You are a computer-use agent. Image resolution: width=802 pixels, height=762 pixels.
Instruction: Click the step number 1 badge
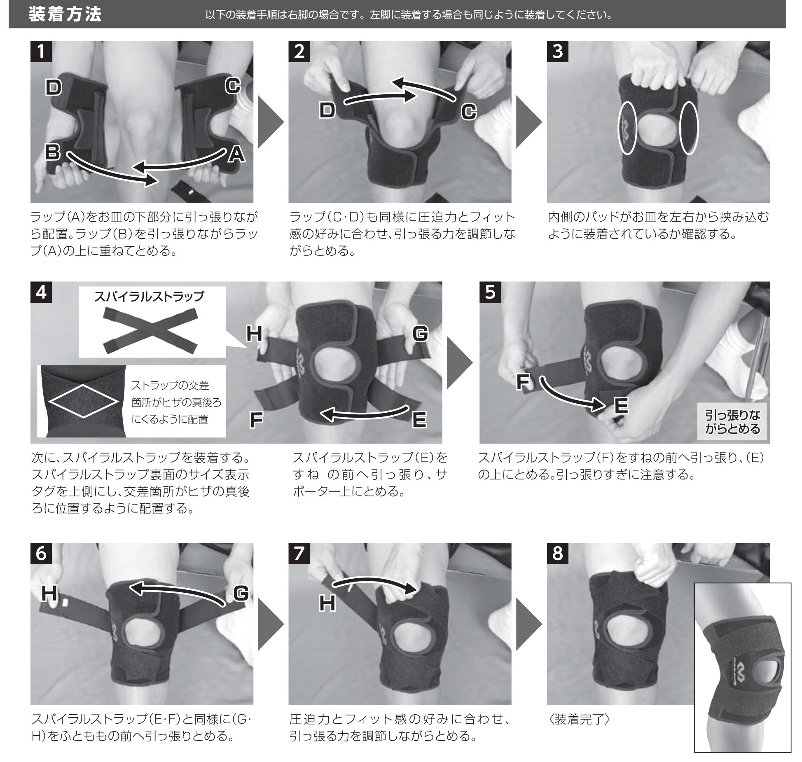[41, 51]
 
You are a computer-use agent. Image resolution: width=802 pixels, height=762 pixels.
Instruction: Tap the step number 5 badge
[490, 292]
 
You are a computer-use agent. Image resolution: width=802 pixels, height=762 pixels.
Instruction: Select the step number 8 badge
[557, 553]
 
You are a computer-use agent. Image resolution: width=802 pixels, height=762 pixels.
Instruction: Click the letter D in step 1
[54, 88]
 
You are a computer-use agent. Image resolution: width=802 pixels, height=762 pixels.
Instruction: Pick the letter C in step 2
[468, 112]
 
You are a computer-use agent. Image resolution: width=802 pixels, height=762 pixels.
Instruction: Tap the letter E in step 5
[621, 406]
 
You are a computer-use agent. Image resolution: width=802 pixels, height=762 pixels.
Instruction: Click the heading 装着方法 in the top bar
[65, 15]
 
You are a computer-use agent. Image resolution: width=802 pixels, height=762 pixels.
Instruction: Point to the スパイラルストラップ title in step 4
[149, 297]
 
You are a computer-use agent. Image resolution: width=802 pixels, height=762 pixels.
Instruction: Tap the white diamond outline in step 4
[84, 402]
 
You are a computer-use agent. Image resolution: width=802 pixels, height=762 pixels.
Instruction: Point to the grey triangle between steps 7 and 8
[528, 624]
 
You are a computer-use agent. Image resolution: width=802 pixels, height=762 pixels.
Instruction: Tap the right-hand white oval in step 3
[689, 128]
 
